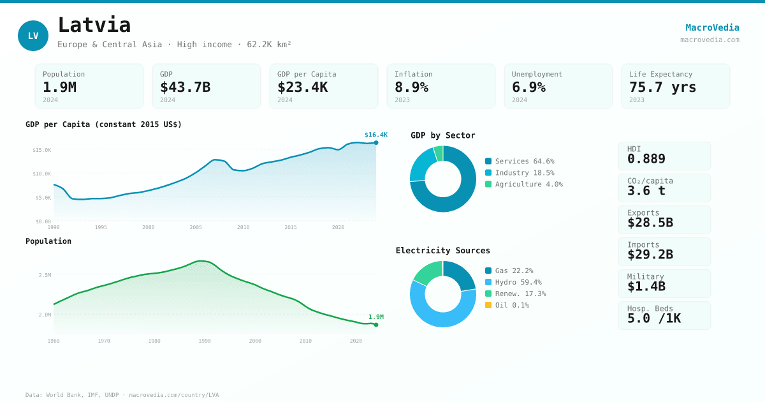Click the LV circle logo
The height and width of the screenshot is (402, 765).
(33, 36)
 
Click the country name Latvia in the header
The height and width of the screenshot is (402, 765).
(94, 25)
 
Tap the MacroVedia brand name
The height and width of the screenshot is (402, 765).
(712, 27)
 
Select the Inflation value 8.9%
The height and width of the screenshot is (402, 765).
(411, 87)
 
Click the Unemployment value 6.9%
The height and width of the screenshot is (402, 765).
(528, 87)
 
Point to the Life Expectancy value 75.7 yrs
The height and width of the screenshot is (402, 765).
(662, 87)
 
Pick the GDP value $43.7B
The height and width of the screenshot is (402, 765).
(185, 87)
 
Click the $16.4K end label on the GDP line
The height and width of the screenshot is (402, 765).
(375, 135)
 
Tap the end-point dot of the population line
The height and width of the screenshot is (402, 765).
(376, 325)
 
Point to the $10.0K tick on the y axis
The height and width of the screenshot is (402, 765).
(42, 174)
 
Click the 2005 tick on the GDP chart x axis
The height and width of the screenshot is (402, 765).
(196, 227)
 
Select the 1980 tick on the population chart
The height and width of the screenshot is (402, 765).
(154, 341)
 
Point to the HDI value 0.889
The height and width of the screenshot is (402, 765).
(646, 159)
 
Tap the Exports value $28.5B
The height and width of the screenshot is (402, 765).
(650, 223)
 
